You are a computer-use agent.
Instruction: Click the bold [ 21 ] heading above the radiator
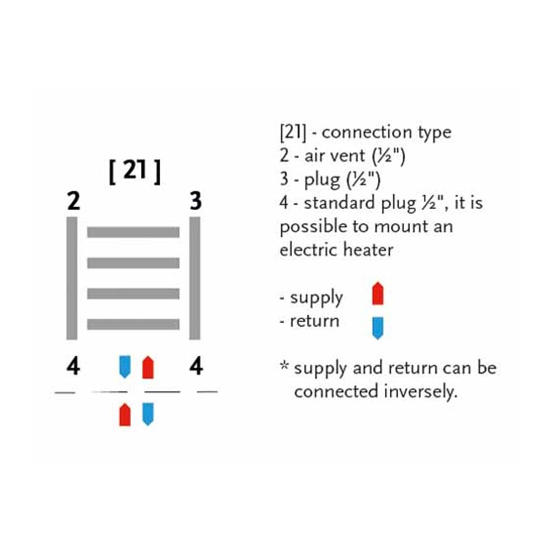134,173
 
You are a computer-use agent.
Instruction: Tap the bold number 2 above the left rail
74,202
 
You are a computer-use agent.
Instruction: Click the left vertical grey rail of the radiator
72,277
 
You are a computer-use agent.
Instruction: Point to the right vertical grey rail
195,277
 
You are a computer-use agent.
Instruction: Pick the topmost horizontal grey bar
133,232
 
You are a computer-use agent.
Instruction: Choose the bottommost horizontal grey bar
133,324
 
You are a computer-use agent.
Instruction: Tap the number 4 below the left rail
73,367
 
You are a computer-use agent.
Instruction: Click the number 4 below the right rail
196,367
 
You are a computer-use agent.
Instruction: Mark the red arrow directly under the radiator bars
147,367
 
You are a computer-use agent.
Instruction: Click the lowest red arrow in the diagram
125,415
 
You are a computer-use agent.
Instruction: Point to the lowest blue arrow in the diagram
147,414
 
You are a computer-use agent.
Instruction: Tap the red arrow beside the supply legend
378,294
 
